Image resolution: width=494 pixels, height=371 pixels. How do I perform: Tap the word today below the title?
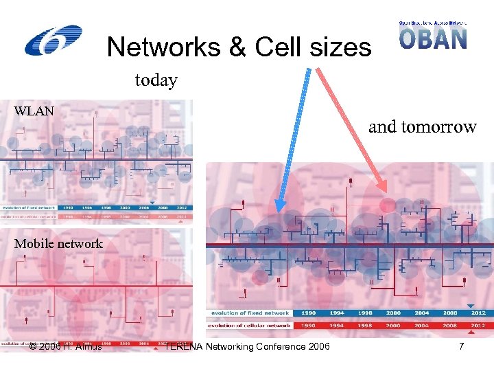(x=156, y=80)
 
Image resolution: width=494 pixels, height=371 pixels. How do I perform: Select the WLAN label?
(x=34, y=111)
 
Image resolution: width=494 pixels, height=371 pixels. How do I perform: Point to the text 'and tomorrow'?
(x=422, y=126)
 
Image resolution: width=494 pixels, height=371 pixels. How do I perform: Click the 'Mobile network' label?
(x=58, y=244)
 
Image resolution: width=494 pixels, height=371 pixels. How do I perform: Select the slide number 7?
(x=462, y=346)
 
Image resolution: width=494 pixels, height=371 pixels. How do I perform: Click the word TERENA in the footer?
(x=185, y=346)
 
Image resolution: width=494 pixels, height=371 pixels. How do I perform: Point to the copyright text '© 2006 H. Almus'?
(x=66, y=346)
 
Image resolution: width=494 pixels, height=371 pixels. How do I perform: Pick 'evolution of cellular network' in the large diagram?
(x=248, y=325)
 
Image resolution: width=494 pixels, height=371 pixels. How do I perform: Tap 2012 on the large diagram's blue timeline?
(x=478, y=313)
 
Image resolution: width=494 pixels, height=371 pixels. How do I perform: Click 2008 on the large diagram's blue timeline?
(x=451, y=313)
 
